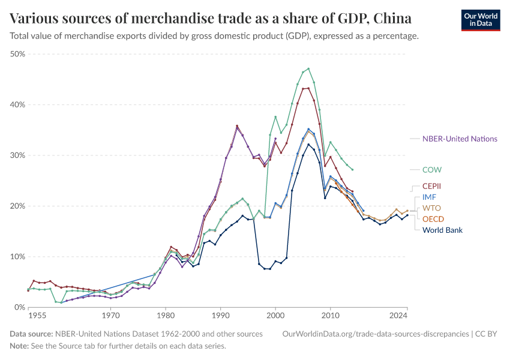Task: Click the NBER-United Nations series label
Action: click(x=460, y=139)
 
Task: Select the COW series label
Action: click(x=432, y=170)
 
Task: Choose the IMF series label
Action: click(x=430, y=197)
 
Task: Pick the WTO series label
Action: click(x=431, y=208)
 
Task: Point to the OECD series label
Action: click(x=433, y=219)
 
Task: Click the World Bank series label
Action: click(x=442, y=230)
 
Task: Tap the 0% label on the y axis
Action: click(x=19, y=307)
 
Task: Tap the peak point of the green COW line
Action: click(x=308, y=68)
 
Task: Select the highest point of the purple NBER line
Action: click(x=237, y=127)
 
